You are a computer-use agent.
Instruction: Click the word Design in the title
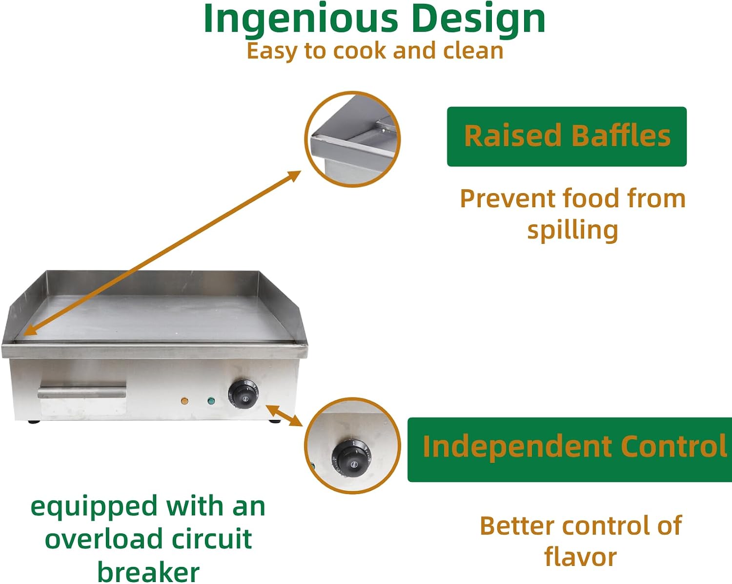(480, 20)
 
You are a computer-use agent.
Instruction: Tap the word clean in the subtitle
(473, 51)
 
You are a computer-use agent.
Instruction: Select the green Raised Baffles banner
(567, 136)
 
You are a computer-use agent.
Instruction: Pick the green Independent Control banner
(570, 450)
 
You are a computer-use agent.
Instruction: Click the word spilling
(573, 230)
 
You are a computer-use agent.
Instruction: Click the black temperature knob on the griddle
(243, 394)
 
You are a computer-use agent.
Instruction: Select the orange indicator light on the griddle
(184, 401)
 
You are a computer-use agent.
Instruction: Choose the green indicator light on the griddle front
(211, 400)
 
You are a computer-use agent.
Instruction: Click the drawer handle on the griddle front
(81, 392)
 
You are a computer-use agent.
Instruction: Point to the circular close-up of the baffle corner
(352, 139)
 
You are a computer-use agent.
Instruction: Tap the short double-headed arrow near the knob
(284, 416)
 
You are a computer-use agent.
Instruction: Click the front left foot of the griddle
(34, 422)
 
